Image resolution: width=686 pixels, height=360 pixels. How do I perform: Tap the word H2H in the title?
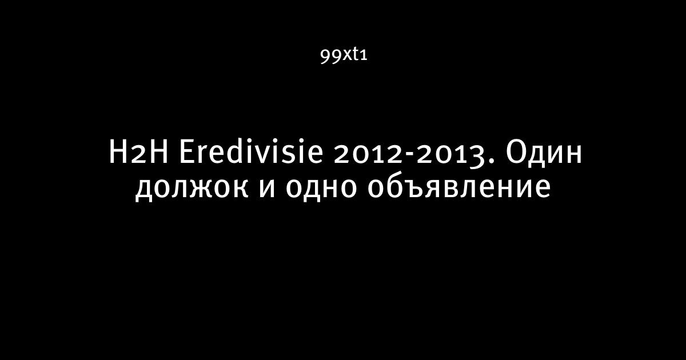point(139,152)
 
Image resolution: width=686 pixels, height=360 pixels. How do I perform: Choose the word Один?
point(544,153)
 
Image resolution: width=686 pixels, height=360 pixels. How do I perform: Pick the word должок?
point(192,189)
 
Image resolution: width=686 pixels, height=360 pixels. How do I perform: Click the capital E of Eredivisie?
point(187,152)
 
